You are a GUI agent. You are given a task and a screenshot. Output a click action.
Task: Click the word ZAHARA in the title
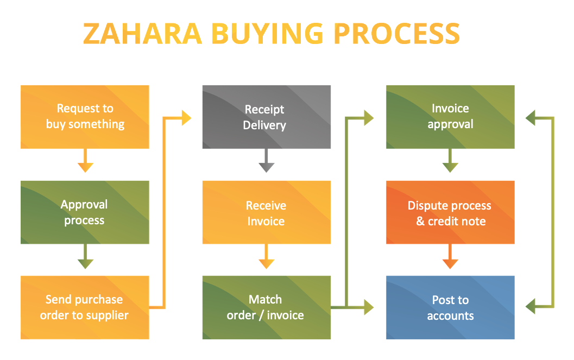(142, 34)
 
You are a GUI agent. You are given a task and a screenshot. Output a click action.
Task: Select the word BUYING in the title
(268, 34)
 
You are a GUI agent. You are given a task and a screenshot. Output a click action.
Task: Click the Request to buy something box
(85, 117)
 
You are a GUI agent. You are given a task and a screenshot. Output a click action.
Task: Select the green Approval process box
(85, 212)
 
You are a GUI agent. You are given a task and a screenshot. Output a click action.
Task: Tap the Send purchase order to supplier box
(85, 307)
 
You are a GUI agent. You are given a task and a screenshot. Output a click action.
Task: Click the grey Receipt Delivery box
(267, 117)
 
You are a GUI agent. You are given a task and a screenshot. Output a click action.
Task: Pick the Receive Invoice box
(267, 212)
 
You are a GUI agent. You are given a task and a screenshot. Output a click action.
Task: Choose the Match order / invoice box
(267, 307)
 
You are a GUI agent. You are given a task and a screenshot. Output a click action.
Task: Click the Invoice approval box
(450, 117)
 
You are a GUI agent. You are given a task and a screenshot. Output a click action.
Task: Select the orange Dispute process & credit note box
(450, 212)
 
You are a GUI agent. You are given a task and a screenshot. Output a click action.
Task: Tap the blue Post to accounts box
(450, 307)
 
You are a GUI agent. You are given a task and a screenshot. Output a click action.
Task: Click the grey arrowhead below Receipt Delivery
(267, 168)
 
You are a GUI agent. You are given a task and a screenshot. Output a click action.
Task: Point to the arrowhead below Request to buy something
(85, 168)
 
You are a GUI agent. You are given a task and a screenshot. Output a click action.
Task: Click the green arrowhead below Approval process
(85, 264)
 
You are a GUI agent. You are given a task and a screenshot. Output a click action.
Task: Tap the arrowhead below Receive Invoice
(267, 264)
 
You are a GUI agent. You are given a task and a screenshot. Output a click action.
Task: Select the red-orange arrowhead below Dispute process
(450, 264)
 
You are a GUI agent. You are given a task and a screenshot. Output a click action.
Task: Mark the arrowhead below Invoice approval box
(450, 168)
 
